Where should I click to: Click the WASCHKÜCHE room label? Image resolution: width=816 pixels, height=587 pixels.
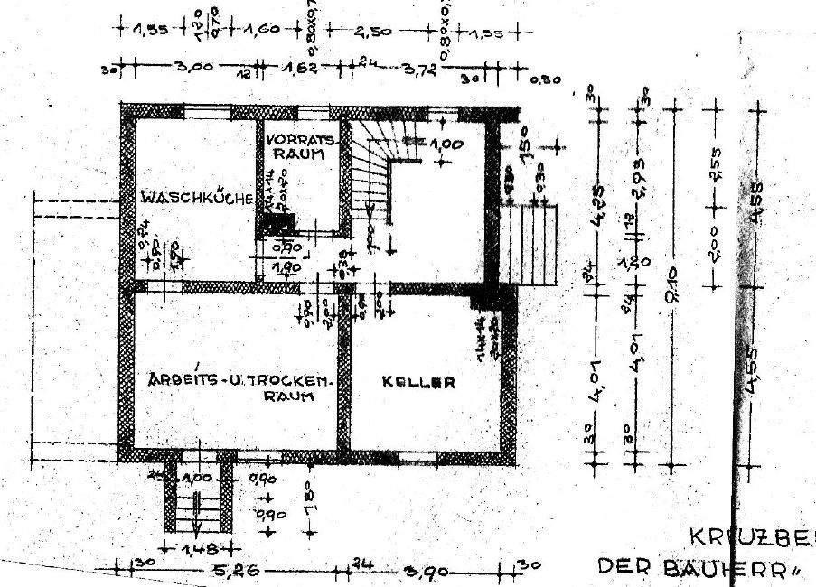coord(195,197)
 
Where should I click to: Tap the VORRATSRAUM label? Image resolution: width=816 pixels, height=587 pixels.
coord(302,147)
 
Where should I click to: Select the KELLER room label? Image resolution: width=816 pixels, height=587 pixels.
coord(417,382)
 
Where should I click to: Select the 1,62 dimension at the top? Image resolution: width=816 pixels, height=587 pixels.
coord(302,67)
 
